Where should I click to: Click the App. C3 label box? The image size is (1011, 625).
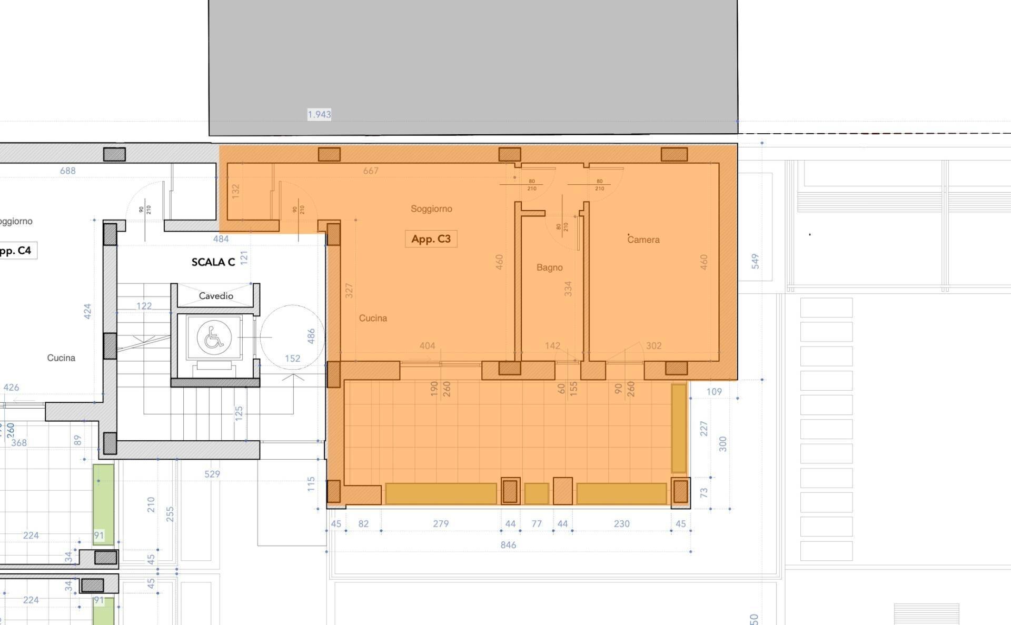431,239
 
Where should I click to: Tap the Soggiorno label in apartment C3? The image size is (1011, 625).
431,209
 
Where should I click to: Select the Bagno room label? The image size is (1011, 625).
549,267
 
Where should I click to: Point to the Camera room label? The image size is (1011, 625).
643,240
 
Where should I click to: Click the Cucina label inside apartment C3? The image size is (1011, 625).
373,318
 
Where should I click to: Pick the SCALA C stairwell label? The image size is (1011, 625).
213,262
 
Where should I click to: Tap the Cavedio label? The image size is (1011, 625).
216,296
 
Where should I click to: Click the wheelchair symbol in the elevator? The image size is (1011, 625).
214,338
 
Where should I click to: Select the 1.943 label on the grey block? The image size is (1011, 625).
319,114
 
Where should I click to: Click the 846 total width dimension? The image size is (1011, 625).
508,545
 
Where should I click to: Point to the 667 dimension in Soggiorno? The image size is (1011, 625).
371,171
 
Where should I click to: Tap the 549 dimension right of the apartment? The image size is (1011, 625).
755,261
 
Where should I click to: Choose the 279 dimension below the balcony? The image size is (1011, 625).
441,524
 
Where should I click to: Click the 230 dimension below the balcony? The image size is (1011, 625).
621,524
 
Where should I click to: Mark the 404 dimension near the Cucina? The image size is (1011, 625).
427,346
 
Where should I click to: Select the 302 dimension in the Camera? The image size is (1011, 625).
653,346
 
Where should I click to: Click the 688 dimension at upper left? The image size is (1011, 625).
67,171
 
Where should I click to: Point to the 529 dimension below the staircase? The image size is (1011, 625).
212,474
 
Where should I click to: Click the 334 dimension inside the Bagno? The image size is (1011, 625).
568,289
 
